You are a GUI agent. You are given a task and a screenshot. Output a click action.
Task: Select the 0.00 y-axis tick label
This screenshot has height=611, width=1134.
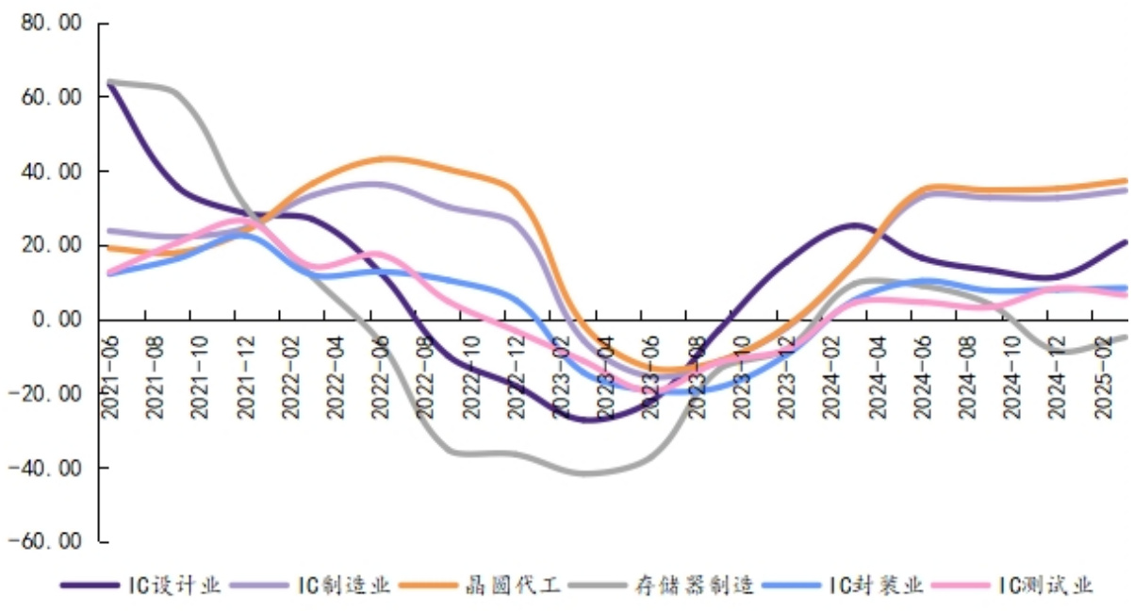click(54, 320)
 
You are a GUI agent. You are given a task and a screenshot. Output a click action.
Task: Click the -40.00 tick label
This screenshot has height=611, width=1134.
click(44, 468)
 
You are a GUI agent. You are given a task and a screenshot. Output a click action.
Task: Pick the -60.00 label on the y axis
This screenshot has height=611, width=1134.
click(44, 542)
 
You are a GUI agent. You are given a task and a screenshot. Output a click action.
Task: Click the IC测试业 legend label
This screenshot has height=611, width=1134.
click(1046, 586)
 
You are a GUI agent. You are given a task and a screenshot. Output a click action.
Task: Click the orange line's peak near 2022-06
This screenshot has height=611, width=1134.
click(391, 157)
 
